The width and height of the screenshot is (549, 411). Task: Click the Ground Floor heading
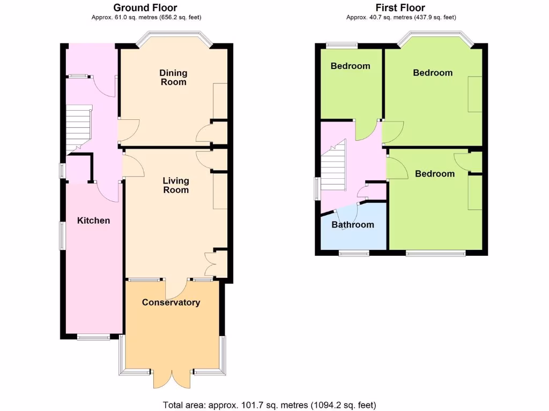coord(145,7)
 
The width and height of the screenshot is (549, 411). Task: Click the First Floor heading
coord(400,7)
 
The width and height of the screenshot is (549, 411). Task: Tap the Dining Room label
coord(174,77)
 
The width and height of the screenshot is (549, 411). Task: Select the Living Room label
coord(176,185)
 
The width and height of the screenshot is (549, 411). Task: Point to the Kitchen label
coord(93,220)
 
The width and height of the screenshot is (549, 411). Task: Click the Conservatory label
coord(171,302)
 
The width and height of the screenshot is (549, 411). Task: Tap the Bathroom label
coord(352,225)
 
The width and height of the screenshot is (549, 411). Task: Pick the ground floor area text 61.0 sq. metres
coord(145,17)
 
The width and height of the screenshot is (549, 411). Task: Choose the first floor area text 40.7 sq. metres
coord(400,17)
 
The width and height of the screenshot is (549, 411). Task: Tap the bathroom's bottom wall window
coord(353,253)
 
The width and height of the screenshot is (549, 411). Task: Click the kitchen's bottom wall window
coord(93,337)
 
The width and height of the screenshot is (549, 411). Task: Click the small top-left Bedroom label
coord(350,66)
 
